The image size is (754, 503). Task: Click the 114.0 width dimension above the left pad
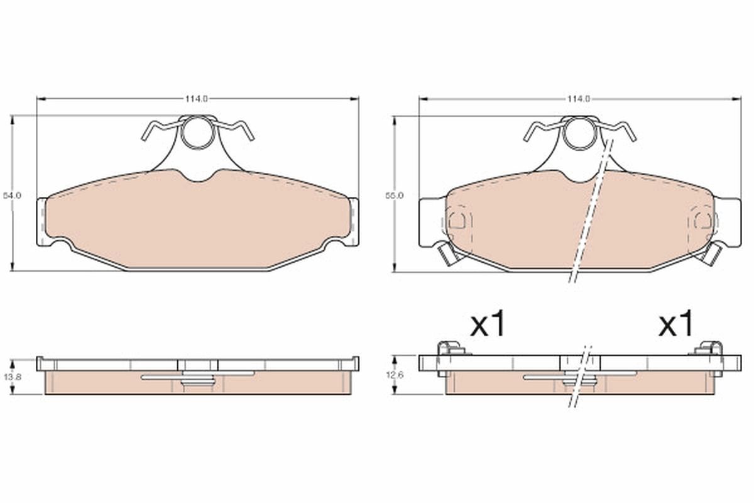click(x=197, y=99)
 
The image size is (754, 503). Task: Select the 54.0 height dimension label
click(x=13, y=196)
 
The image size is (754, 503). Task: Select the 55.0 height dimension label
click(x=395, y=196)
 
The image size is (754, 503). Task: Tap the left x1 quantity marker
click(x=488, y=324)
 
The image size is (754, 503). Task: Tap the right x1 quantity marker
click(x=676, y=324)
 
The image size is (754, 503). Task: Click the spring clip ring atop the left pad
click(x=198, y=133)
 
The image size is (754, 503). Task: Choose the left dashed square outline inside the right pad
click(x=459, y=220)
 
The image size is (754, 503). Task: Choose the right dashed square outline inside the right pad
click(x=702, y=220)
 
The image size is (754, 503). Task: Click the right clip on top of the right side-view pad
click(x=711, y=348)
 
